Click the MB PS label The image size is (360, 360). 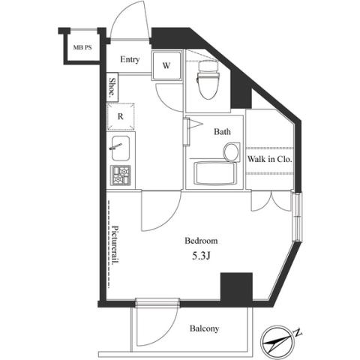(82, 47)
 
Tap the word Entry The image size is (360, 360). (130, 59)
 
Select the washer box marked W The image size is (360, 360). (166, 65)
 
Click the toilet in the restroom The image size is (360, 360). (208, 80)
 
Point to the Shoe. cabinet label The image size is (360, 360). (112, 87)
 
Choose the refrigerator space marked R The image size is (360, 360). (121, 116)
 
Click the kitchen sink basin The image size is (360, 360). (121, 148)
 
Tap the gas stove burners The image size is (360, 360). (121, 175)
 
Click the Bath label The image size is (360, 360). (222, 132)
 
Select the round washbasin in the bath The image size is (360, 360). (232, 151)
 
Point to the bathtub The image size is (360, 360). (215, 173)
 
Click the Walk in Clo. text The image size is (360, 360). (269, 159)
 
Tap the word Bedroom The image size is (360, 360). (201, 241)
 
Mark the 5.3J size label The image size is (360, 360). (201, 256)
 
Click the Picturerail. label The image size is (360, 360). (115, 245)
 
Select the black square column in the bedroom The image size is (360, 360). (236, 286)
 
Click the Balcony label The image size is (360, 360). (204, 328)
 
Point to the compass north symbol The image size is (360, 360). (277, 342)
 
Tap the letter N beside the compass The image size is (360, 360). (298, 333)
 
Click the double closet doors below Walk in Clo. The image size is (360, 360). (271, 201)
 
